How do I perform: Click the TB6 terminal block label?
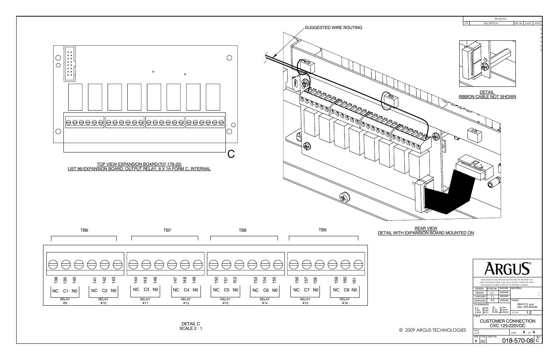[x=84, y=230]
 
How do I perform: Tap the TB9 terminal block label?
[x=322, y=230]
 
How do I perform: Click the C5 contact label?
[x=226, y=290]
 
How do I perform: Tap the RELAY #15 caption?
[x=305, y=301]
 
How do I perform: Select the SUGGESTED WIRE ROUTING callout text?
[x=333, y=28]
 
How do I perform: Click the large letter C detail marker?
[x=231, y=154]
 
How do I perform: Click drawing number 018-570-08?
[x=518, y=340]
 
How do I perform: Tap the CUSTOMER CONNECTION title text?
[x=507, y=321]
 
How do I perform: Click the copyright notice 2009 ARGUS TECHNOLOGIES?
[x=432, y=330]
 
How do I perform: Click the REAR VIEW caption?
[x=426, y=228]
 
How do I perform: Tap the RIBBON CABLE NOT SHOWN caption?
[x=487, y=97]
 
